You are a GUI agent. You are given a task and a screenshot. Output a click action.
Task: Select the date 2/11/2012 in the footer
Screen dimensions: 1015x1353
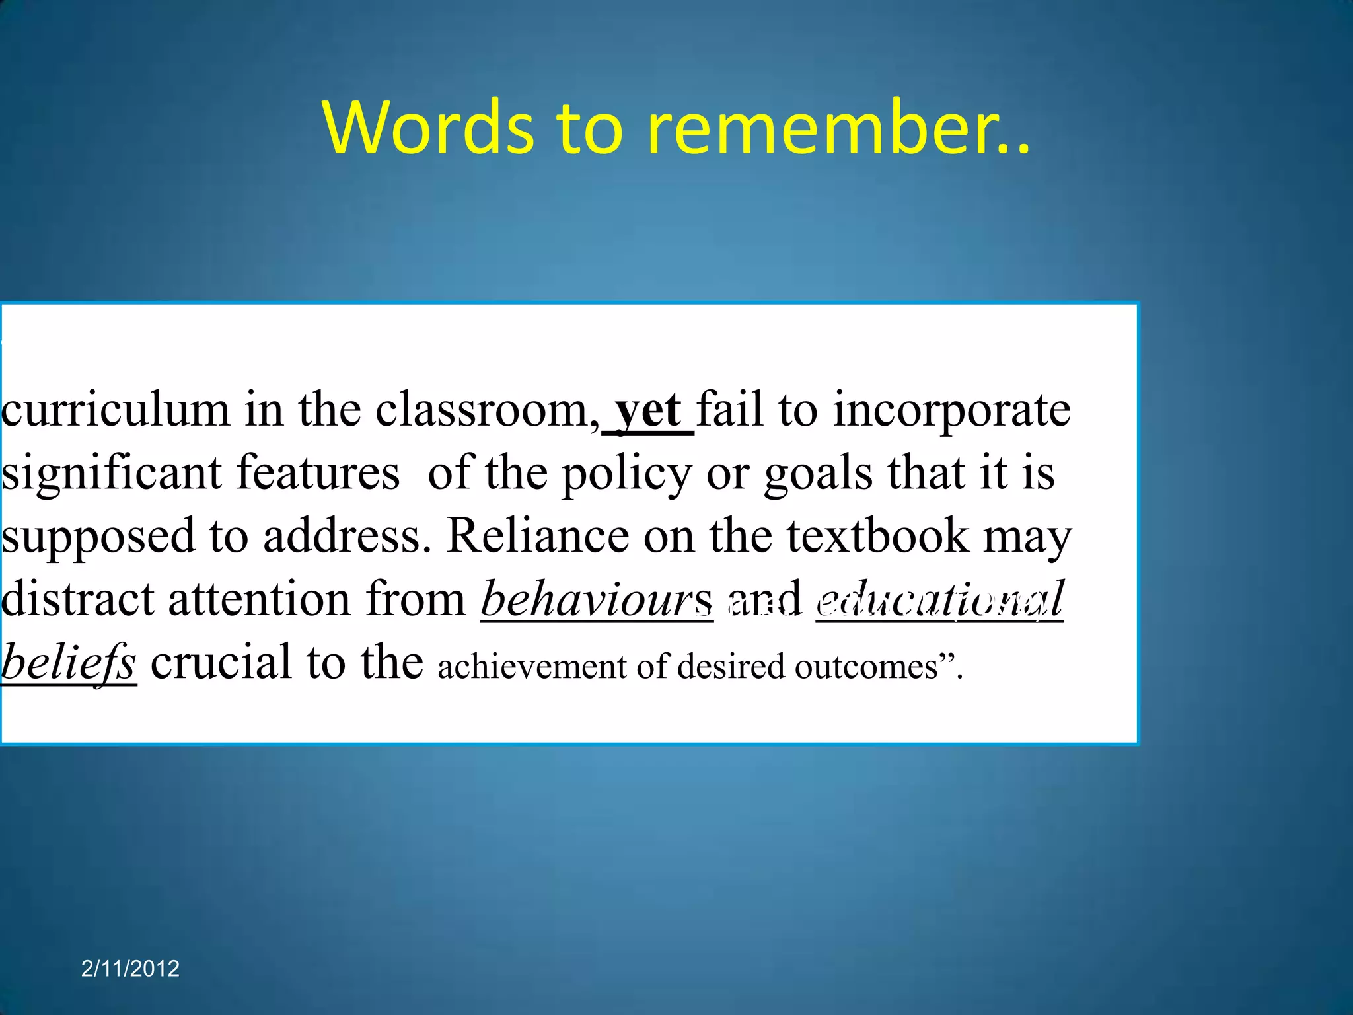(130, 968)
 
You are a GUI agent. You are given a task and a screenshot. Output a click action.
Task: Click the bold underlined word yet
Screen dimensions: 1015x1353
(647, 410)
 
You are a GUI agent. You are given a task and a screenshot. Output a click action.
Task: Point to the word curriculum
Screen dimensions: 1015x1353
(116, 410)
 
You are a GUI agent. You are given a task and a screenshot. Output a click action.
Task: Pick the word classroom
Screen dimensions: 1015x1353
(482, 410)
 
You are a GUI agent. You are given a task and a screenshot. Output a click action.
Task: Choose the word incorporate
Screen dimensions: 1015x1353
(951, 410)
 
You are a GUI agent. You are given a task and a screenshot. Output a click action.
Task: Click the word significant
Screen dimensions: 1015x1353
(112, 473)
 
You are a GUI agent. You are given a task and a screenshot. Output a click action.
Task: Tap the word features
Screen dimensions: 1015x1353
(318, 473)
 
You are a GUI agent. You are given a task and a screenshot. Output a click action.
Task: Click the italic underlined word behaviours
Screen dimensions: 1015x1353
(597, 599)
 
